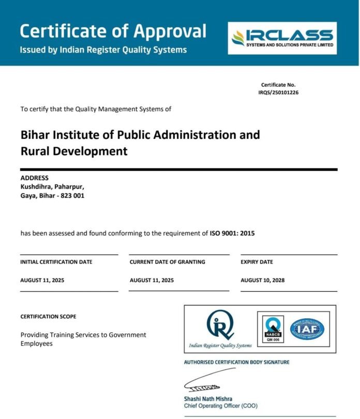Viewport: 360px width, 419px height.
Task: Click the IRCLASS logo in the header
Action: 282,38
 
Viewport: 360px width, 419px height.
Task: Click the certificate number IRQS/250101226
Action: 279,92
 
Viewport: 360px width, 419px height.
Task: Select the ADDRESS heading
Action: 34,178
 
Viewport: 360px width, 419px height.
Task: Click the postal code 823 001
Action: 73,195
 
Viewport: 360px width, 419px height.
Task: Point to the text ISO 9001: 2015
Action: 232,233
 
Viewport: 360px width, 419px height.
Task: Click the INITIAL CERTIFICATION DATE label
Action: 56,262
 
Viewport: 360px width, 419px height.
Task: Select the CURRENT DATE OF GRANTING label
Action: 167,262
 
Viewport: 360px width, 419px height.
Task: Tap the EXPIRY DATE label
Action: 257,262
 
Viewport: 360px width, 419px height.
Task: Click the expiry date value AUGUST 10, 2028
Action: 262,280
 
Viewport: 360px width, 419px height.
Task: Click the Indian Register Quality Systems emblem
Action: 220,325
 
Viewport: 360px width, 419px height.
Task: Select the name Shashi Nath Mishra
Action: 208,399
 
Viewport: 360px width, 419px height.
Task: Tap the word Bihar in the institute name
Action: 34,135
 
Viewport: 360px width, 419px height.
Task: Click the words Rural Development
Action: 73,151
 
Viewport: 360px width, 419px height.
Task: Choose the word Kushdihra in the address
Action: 35,187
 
